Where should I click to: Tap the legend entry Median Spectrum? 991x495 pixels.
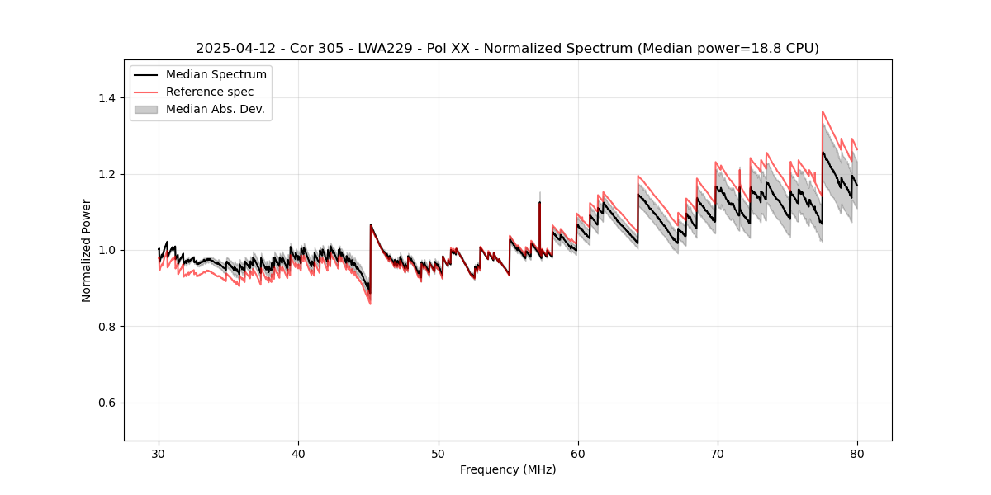[x=216, y=75]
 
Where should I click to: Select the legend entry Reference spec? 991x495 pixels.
[x=210, y=92]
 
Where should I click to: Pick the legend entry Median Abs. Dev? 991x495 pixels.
[x=215, y=109]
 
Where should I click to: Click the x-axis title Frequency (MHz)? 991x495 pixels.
[x=508, y=469]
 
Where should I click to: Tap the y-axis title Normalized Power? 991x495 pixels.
[x=87, y=250]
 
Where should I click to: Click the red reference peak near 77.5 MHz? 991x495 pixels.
[x=823, y=112]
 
